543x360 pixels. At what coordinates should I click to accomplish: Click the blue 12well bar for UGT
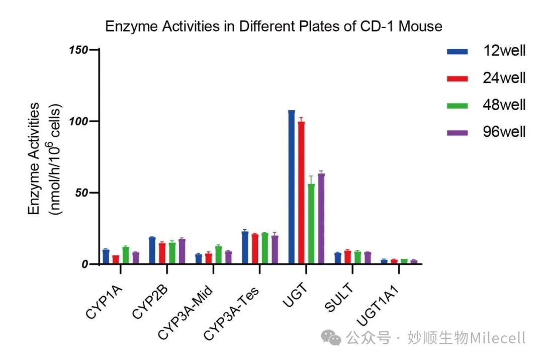point(292,187)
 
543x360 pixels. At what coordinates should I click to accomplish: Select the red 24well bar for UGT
point(301,193)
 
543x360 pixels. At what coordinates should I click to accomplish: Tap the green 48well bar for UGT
point(311,224)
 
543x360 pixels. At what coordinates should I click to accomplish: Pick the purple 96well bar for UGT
point(321,219)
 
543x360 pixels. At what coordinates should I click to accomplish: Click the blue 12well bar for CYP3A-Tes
point(245,247)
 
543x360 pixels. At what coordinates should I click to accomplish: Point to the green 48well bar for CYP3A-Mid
point(219,255)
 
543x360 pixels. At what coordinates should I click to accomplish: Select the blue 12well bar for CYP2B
point(152,250)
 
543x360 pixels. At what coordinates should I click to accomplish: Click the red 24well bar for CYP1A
point(116,259)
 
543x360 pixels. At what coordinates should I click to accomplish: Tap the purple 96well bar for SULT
point(368,258)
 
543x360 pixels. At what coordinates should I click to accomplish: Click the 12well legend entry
point(486,51)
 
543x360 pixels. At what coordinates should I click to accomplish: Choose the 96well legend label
point(504,132)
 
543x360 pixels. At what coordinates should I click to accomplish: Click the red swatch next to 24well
point(458,78)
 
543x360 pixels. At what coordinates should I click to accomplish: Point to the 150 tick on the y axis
point(94,49)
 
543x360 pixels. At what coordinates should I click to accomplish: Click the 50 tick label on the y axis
point(82,193)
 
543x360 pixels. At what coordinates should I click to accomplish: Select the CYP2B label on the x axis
point(150,302)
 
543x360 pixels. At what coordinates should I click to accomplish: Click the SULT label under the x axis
point(339,298)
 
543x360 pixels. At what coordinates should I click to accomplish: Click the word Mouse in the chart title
point(420,26)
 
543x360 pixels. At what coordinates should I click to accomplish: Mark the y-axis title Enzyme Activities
point(34,158)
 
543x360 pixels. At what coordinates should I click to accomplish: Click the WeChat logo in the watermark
point(331,337)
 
